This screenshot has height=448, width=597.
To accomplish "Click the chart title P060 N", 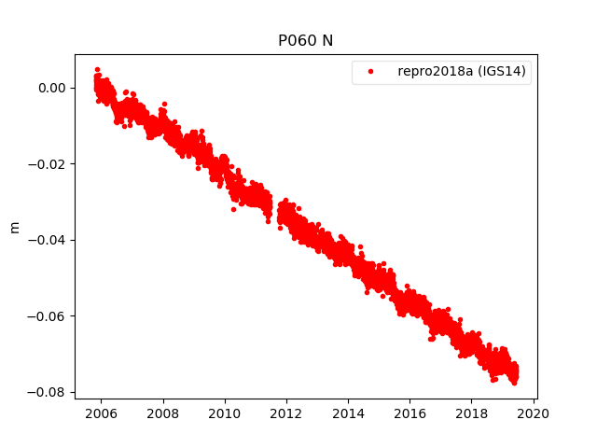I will [305, 41].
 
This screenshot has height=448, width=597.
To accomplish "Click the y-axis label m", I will [14, 227].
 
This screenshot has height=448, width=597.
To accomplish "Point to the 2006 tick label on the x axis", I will [101, 413].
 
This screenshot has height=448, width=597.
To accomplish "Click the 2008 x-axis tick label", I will [162, 413].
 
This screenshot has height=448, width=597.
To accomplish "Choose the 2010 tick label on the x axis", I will [225, 413].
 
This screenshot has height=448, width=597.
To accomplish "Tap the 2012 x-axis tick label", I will [286, 413].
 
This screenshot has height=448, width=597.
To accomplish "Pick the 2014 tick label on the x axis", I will [349, 413].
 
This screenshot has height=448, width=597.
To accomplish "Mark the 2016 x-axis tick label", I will [410, 413].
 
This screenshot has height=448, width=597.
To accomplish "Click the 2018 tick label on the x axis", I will [472, 413].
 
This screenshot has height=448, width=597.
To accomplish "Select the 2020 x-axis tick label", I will [535, 413].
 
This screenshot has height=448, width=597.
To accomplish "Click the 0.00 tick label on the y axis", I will [51, 88].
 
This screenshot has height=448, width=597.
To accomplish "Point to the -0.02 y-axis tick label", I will [48, 164].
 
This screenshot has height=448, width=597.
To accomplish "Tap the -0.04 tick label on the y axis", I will [48, 240].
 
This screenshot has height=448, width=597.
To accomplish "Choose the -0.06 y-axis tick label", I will [48, 316].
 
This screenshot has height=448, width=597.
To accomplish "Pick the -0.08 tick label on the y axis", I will [48, 392].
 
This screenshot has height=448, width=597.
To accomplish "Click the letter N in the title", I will [326, 41].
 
